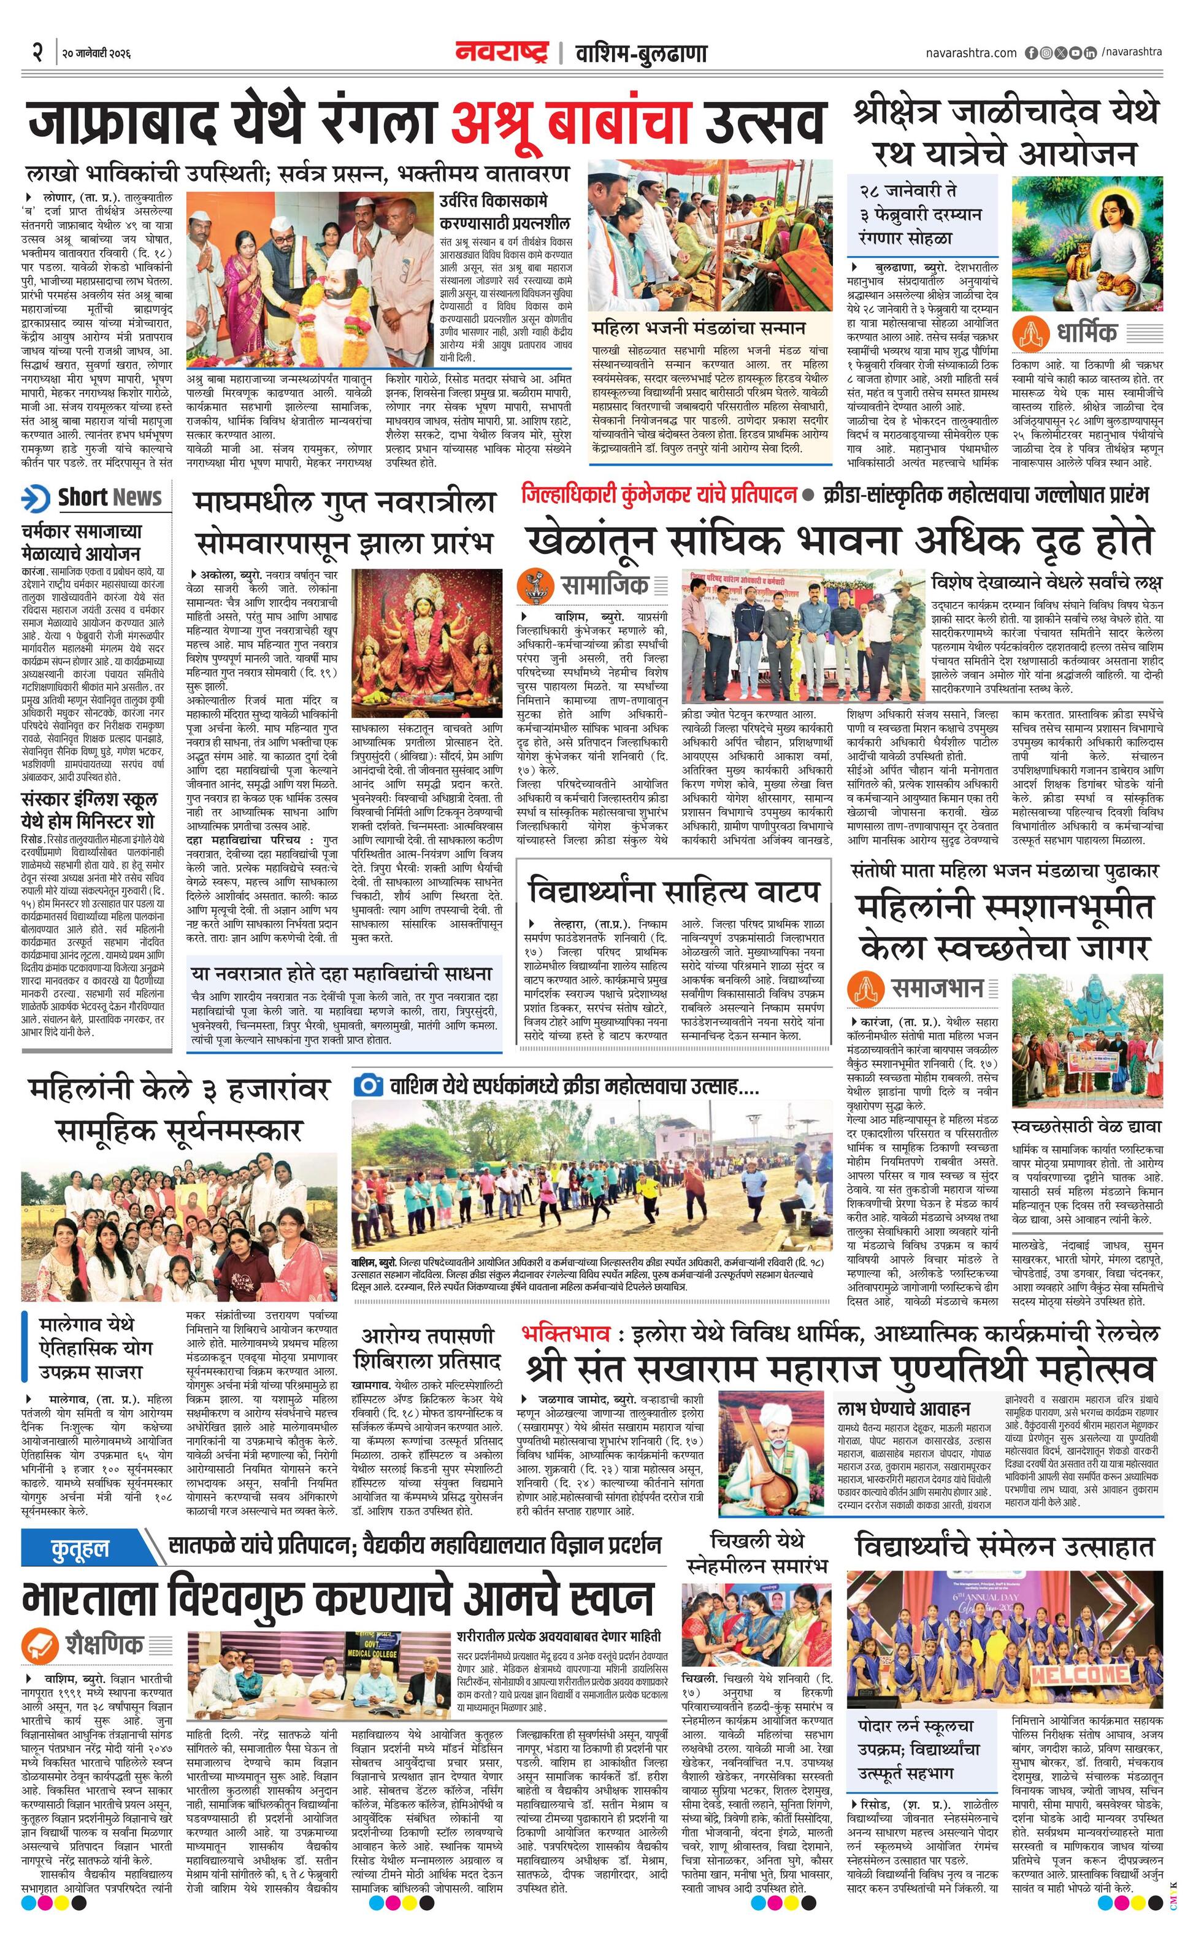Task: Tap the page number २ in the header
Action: click(x=36, y=54)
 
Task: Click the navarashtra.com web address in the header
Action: click(x=971, y=53)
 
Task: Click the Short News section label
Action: click(x=110, y=497)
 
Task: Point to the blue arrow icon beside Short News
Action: click(x=36, y=498)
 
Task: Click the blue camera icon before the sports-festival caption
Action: click(x=369, y=1085)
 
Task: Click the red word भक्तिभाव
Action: click(x=565, y=1334)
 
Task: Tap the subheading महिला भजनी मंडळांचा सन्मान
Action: click(x=699, y=327)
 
